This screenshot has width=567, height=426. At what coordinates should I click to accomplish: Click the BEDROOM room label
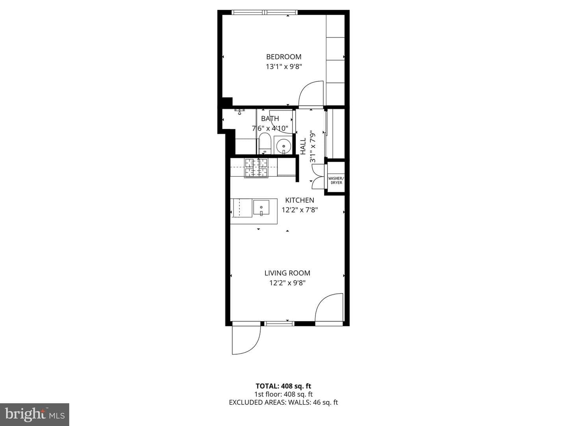[x=283, y=57]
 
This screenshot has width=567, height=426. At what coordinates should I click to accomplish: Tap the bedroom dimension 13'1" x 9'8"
[x=284, y=67]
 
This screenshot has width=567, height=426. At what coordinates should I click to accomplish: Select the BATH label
[x=270, y=118]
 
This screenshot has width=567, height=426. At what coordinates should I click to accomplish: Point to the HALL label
[x=303, y=146]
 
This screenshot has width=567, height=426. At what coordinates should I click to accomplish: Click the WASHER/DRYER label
[x=336, y=180]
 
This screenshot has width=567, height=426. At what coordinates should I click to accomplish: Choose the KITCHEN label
[x=300, y=200]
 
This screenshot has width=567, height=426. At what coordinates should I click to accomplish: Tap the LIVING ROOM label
[x=287, y=273]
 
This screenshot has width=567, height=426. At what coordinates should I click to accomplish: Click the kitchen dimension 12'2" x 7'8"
[x=300, y=210]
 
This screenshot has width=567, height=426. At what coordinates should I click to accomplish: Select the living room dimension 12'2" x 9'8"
[x=287, y=283]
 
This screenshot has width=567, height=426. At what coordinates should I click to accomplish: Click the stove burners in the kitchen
[x=256, y=168]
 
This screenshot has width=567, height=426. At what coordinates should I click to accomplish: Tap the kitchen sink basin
[x=261, y=207]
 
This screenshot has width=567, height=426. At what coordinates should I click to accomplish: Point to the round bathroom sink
[x=283, y=146]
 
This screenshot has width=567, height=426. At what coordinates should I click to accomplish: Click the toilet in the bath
[x=264, y=144]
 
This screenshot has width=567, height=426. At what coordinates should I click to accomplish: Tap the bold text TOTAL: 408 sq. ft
[x=283, y=386]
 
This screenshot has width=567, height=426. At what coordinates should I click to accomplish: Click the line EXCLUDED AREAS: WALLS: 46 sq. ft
[x=283, y=402]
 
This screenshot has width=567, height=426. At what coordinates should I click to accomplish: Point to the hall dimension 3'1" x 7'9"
[x=313, y=146]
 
